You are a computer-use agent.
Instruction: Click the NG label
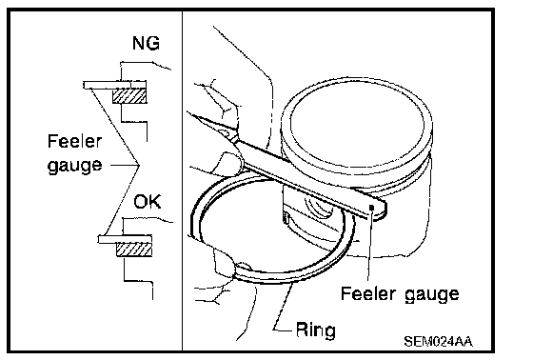(147, 43)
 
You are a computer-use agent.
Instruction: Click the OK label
(148, 202)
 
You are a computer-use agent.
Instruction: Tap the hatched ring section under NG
(129, 95)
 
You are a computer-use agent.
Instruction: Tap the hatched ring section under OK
(134, 250)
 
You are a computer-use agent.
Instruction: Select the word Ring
(316, 330)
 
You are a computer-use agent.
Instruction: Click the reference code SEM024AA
(438, 341)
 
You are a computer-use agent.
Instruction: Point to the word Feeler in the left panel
(74, 141)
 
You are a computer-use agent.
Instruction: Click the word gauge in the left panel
(74, 166)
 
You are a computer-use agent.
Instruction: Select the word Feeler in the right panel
(368, 293)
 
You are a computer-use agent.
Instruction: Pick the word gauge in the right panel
(432, 294)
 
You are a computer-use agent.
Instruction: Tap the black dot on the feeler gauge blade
(371, 208)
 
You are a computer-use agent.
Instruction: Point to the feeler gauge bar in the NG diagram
(115, 85)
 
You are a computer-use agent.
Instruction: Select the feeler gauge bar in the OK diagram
(125, 239)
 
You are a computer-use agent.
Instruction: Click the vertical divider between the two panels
(182, 181)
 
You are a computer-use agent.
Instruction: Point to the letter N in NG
(139, 43)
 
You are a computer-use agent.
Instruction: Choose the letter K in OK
(155, 202)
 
